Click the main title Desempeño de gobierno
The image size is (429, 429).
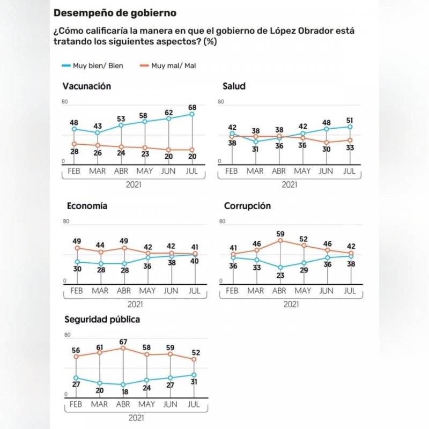[115, 12]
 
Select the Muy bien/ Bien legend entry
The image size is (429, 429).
[93, 66]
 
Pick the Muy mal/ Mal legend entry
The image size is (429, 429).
[167, 66]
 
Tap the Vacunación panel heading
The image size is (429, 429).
[87, 86]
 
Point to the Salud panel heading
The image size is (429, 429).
[234, 86]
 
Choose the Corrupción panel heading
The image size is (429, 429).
[247, 206]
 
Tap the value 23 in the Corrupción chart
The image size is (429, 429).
[279, 276]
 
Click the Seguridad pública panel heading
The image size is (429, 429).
[102, 320]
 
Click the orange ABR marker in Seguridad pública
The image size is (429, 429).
[124, 348]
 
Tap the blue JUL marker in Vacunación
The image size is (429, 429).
[192, 114]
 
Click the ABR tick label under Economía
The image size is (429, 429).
[124, 291]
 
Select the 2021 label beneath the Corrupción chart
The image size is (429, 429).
[291, 305]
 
